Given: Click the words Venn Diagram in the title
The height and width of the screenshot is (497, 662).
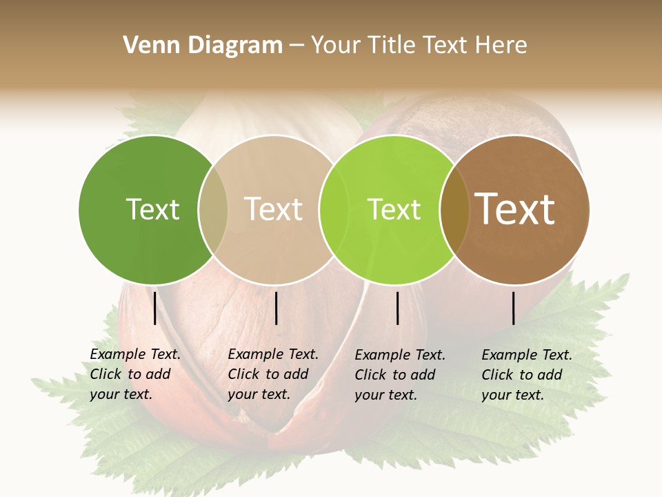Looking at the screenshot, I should point(203,46).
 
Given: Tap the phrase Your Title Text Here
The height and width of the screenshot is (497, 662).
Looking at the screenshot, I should point(419,46).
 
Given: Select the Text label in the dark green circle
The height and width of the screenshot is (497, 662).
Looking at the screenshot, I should point(152,209).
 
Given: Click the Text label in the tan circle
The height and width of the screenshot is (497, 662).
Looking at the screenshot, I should point(273,209).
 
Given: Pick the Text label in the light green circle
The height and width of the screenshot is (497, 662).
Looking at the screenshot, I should point(394,209).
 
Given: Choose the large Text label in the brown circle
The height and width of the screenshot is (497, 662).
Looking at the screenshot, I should point(515,209).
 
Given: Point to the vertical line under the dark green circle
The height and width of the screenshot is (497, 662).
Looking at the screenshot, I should point(155,308).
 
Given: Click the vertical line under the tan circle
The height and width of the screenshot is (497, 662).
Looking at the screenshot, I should point(276,308).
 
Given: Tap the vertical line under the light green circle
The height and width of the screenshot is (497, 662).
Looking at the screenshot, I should point(397,308).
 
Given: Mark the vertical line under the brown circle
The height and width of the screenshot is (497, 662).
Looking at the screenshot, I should point(514,308).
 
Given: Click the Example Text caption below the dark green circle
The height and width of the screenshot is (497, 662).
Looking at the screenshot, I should point(134,374).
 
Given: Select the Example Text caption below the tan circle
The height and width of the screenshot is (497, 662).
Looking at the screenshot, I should point(272,374).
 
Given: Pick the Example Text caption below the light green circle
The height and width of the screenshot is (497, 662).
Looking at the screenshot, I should point(399,375).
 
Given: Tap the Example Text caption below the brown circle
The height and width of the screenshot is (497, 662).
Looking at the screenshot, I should point(526,375).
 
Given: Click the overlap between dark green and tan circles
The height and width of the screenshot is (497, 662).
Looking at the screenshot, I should point(213,210).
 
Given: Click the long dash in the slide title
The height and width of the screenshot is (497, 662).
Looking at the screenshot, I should point(297,46).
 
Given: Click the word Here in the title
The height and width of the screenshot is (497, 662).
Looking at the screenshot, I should point(504,46).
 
